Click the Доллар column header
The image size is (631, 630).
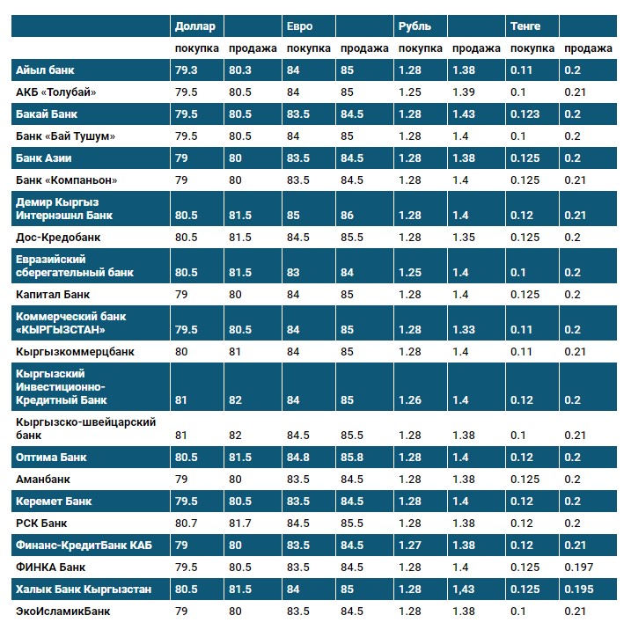point(194,26)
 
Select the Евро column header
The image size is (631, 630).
point(299,26)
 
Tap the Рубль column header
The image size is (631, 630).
point(415,26)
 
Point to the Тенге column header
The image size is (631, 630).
point(525,26)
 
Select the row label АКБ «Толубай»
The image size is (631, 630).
point(55,92)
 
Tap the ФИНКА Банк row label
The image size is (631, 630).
point(50,567)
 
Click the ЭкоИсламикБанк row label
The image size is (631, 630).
point(63,611)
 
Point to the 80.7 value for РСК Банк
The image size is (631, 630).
point(186,524)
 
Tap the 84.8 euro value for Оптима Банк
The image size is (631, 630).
point(299,458)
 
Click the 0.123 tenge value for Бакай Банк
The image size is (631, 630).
point(526,114)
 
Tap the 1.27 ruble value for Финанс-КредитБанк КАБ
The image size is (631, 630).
point(410,546)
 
